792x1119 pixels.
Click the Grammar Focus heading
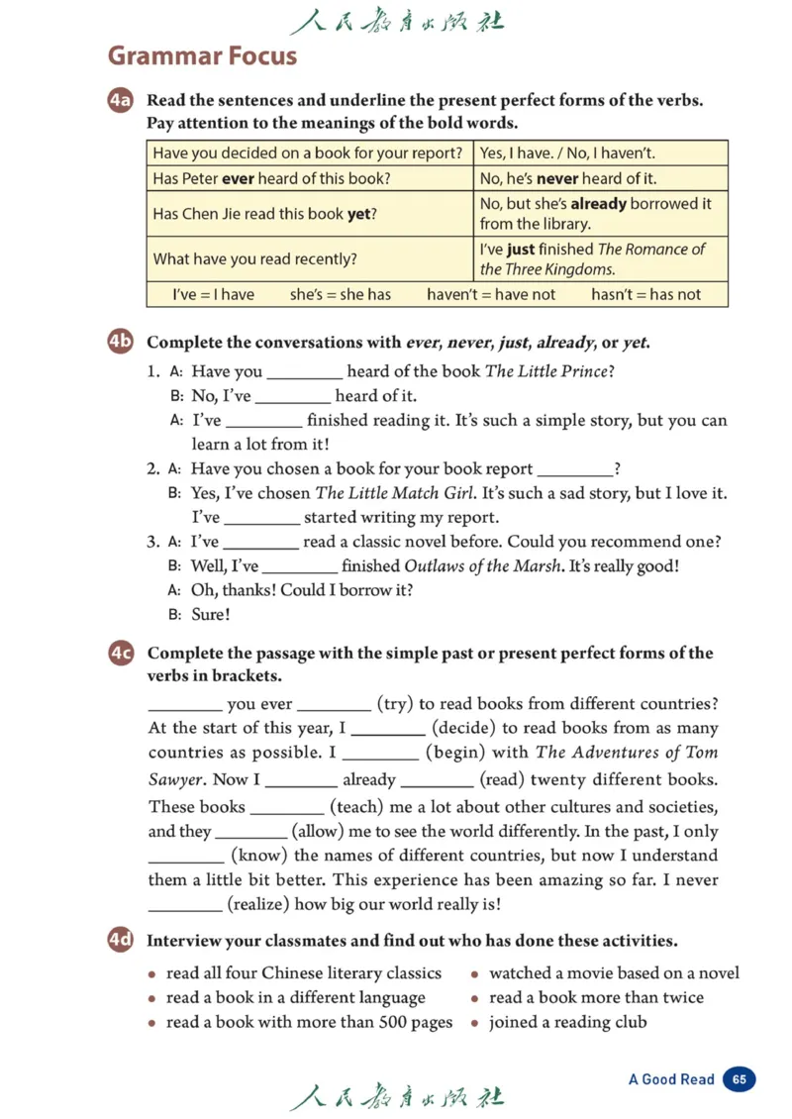(202, 55)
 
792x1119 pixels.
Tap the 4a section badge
(120, 101)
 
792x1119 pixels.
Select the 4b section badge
(120, 343)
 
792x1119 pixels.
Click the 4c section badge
(120, 654)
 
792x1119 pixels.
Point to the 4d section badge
(120, 941)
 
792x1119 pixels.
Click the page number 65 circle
(739, 1079)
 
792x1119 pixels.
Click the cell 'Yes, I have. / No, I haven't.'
(567, 153)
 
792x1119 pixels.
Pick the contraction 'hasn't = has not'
(645, 294)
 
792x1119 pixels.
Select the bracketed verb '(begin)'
(452, 753)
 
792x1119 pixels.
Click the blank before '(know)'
(185, 856)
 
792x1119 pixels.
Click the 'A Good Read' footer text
(670, 1079)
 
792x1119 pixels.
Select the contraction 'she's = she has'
(340, 294)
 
